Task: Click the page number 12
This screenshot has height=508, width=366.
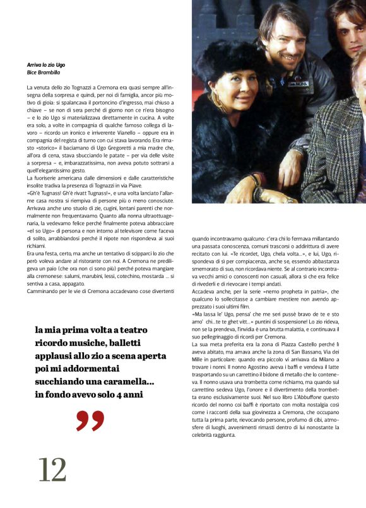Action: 52,469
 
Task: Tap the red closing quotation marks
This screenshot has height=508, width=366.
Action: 90,421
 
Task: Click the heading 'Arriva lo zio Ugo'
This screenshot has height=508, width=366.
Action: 46,65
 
